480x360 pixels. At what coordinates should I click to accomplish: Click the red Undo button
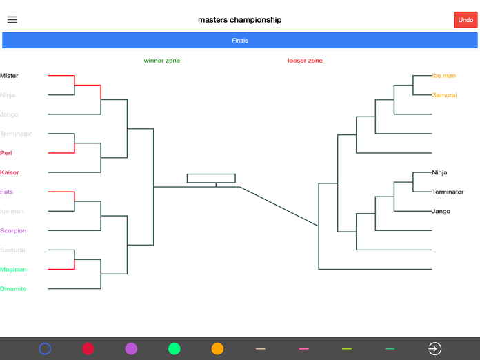466,20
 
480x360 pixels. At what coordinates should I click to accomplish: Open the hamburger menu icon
12,20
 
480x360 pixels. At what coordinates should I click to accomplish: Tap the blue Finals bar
240,41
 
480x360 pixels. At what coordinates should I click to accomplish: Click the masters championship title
240,20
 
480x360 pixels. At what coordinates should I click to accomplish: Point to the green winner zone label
162,61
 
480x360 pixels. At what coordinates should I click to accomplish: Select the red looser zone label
306,61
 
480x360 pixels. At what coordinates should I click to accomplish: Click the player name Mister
9,76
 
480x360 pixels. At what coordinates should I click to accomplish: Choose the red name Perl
6,153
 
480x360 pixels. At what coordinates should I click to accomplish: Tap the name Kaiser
10,172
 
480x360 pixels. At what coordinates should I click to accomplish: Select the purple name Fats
6,192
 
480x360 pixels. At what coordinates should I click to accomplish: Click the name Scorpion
13,230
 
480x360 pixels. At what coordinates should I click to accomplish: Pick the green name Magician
14,270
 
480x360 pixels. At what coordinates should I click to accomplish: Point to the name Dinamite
13,289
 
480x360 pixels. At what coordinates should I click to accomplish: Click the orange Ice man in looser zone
444,76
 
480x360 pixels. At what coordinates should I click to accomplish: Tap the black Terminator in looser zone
448,192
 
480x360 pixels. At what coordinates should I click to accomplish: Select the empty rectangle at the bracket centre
211,179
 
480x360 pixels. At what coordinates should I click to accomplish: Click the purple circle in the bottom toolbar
131,349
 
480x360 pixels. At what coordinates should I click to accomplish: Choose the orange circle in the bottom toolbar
218,349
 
